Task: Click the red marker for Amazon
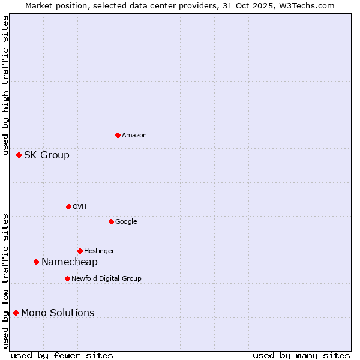tap(118, 135)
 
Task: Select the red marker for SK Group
tap(19, 155)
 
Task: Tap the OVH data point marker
tap(68, 206)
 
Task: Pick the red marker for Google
tap(111, 221)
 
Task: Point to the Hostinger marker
tap(80, 251)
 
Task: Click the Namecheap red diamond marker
tap(36, 262)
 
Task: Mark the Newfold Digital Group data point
tap(67, 278)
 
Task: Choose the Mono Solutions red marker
tap(16, 313)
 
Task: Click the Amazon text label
tap(134, 136)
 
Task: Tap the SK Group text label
tap(47, 155)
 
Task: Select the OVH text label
tap(80, 207)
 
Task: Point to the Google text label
tap(126, 222)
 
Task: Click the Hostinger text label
tap(99, 251)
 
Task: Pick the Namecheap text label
tap(70, 262)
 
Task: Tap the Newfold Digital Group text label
tap(106, 279)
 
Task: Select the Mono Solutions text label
tap(58, 313)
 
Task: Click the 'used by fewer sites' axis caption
tap(62, 355)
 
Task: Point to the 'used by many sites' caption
tap(301, 355)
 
